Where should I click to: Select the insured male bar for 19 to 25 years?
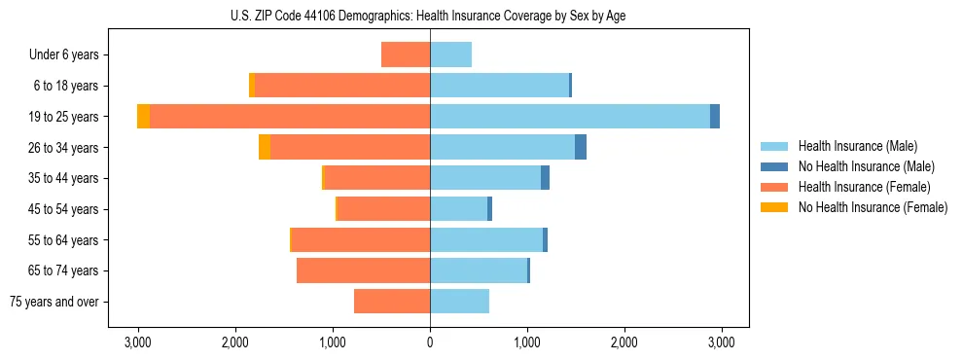click(x=570, y=117)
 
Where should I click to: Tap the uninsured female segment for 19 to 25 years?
click(x=144, y=117)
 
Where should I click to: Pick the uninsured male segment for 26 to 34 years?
click(x=581, y=147)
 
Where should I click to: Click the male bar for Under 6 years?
click(x=450, y=54)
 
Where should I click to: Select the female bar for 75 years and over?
click(x=392, y=302)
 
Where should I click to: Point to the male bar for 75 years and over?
click(x=459, y=302)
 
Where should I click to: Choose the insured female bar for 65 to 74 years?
click(x=364, y=270)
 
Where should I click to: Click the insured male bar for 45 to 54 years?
click(x=458, y=209)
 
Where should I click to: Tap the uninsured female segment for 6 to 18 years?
click(x=252, y=86)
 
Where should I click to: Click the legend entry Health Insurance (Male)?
click(x=856, y=146)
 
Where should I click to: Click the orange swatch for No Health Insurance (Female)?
click(x=774, y=207)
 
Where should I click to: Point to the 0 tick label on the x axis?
click(x=430, y=342)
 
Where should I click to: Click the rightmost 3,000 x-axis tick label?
click(x=721, y=342)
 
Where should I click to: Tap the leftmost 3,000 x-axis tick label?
click(x=138, y=342)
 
